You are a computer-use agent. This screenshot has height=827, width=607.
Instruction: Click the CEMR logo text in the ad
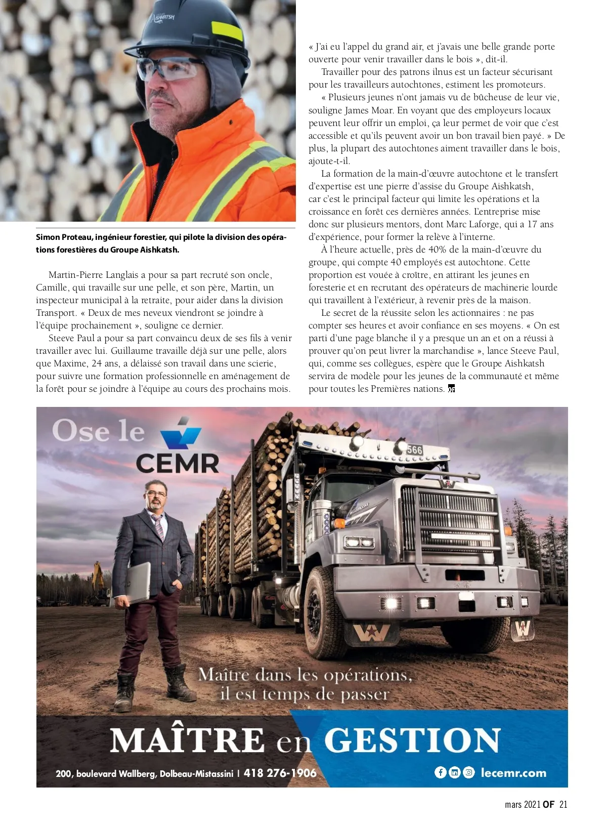pos(178,462)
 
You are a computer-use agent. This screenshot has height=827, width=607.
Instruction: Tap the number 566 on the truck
pos(414,450)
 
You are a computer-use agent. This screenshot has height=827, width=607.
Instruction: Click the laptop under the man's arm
pos(138,582)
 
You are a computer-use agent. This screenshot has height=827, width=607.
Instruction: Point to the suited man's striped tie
pos(158,526)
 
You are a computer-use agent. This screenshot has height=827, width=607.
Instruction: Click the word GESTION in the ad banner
pos(412,740)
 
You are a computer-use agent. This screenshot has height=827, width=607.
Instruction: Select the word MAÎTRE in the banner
pos(187,740)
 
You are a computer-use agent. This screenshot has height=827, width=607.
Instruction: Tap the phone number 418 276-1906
pos(280,773)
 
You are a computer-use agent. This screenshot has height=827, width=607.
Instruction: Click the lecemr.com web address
pos(513,773)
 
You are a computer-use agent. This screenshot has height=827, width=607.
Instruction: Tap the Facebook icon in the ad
pos(440,772)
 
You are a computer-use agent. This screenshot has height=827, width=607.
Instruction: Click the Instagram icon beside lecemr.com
pos(469,772)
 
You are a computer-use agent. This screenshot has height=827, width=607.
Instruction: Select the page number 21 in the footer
pos(563,805)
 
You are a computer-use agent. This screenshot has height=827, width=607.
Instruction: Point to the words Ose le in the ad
pos(99,432)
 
